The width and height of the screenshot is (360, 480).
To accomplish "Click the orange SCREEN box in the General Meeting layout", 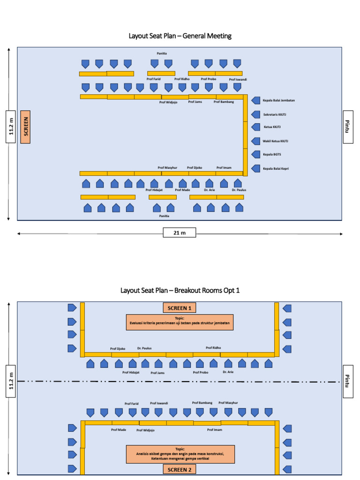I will [25, 127].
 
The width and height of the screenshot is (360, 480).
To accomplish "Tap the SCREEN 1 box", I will [180, 308].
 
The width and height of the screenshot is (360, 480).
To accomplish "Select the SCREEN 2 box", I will [180, 469].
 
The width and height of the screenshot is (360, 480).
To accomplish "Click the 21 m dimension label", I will [180, 233].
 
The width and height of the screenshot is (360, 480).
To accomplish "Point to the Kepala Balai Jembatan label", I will [278, 100].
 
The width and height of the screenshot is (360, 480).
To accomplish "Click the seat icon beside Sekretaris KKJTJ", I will [255, 114].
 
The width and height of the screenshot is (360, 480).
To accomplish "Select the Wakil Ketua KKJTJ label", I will [276, 141].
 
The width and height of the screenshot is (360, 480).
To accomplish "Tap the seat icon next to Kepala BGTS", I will [255, 155].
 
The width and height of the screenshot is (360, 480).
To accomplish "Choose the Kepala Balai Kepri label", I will [276, 169].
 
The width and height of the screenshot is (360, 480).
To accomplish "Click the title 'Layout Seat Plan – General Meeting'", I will [180, 36].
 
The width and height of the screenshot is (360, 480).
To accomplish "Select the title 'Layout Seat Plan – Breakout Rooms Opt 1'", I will [180, 290].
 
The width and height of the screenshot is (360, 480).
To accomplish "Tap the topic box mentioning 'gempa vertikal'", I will [180, 454].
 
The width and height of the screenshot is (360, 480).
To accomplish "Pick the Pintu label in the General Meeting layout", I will [347, 127].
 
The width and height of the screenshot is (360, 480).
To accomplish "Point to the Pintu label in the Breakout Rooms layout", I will [347, 382].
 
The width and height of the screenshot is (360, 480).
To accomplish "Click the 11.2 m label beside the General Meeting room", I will [12, 127].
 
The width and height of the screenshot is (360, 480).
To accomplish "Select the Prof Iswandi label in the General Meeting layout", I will [238, 80].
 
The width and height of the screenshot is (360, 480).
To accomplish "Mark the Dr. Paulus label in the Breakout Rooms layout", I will [144, 348].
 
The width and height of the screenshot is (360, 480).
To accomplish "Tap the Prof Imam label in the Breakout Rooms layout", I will [214, 429].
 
